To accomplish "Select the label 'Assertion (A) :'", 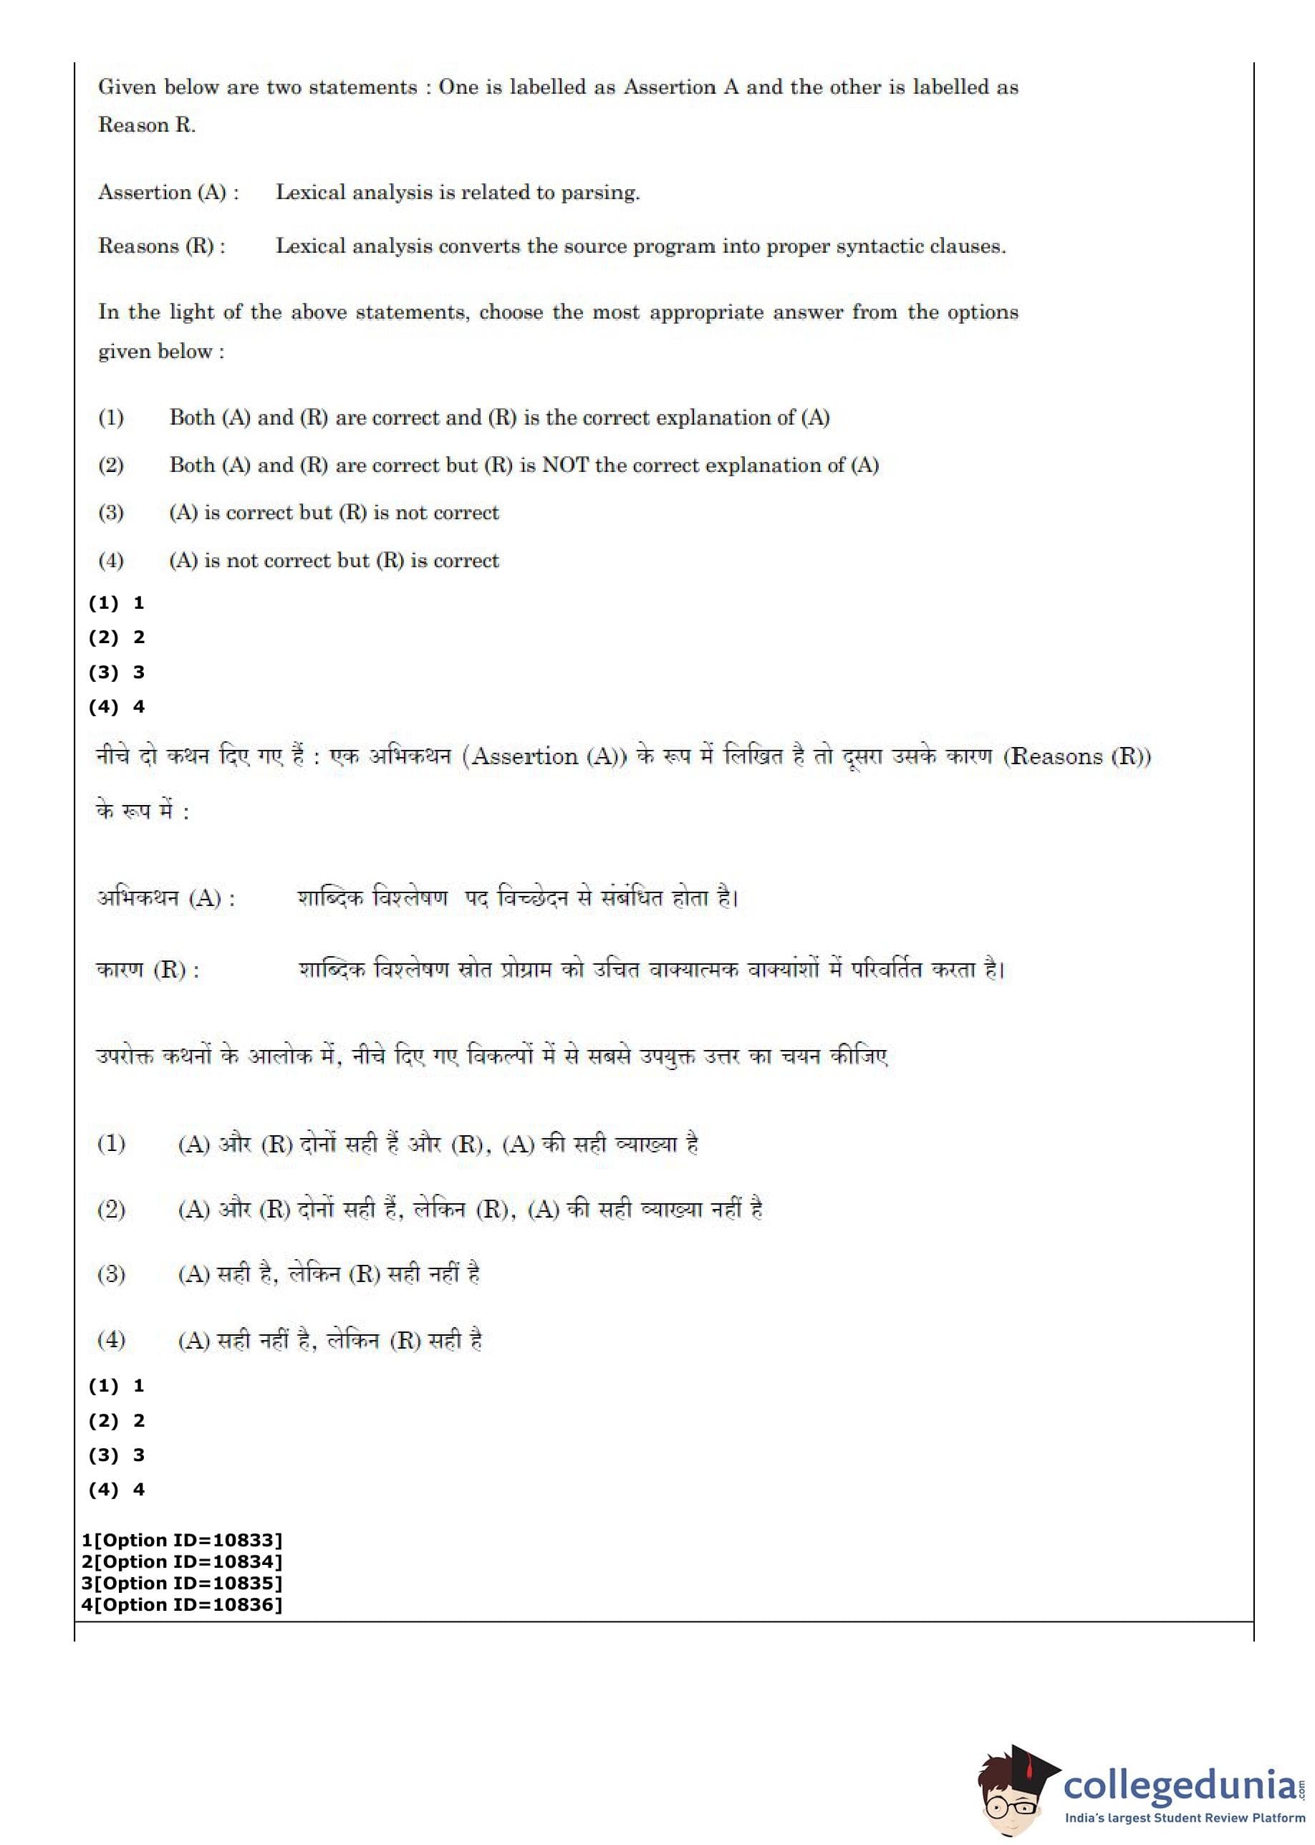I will click(x=168, y=193).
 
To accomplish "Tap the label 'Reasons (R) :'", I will click(x=162, y=246).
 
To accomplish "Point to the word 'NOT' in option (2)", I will click(x=565, y=466).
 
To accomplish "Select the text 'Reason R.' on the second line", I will click(x=147, y=125).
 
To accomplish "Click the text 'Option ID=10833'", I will click(x=188, y=1540).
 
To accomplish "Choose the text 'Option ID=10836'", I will click(x=188, y=1604).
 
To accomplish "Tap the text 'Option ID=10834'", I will click(x=188, y=1561).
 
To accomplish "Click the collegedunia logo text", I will click(x=1179, y=1785).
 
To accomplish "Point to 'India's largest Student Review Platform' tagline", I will click(x=1184, y=1818).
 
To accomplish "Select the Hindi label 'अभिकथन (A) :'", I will click(x=166, y=898).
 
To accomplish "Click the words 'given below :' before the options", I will click(x=161, y=352).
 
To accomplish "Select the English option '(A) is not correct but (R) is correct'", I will click(x=334, y=560).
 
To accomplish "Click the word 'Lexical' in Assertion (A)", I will click(x=309, y=193).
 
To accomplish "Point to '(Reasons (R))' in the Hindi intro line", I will click(x=1077, y=756).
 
